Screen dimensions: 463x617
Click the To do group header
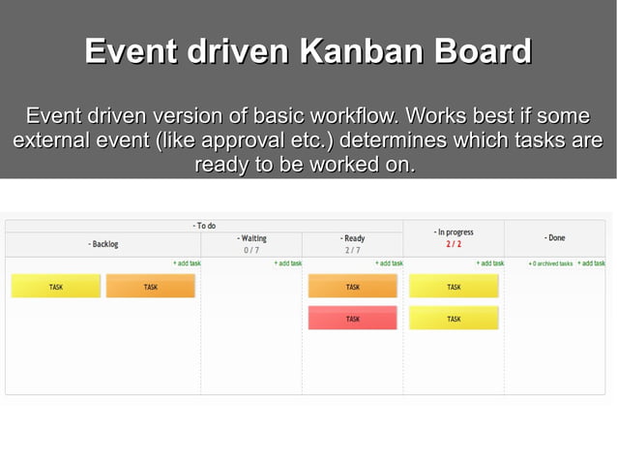pyautogui.click(x=204, y=226)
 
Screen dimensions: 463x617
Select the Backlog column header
pyautogui.click(x=103, y=244)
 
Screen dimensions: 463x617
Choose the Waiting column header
pyautogui.click(x=251, y=238)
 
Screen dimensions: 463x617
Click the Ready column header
pyautogui.click(x=352, y=238)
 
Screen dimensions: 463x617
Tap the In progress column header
pyautogui.click(x=454, y=232)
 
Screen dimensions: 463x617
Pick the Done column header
pyautogui.click(x=555, y=238)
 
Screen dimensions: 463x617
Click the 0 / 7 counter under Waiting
pyautogui.click(x=251, y=250)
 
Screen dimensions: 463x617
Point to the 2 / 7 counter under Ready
pyautogui.click(x=352, y=250)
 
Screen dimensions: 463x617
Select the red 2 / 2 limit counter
pyautogui.click(x=454, y=244)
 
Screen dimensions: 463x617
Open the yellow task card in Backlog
pyautogui.click(x=56, y=287)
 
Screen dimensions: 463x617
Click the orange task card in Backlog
pyautogui.click(x=150, y=287)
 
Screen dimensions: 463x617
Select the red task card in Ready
pyautogui.click(x=352, y=319)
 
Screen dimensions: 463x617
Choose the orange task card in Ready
pyautogui.click(x=352, y=287)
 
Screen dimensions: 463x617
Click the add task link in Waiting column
pyautogui.click(x=288, y=263)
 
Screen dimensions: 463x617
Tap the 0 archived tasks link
pyautogui.click(x=550, y=263)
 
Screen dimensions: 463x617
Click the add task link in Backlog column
pyautogui.click(x=187, y=263)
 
